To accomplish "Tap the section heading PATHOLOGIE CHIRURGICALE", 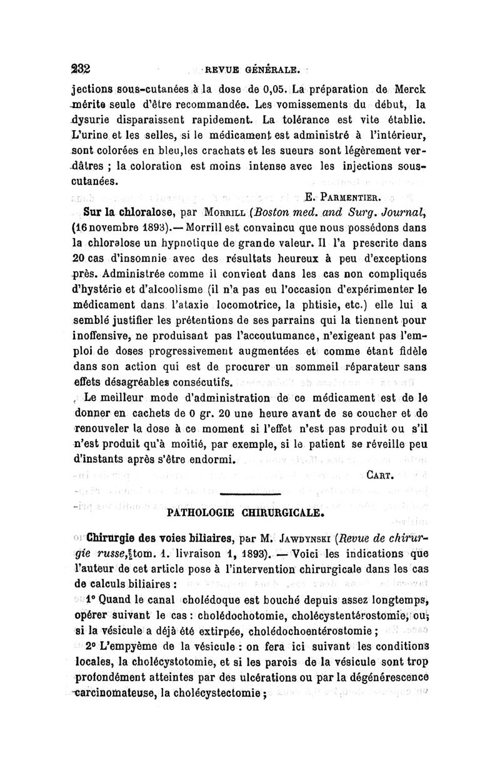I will point(246,514).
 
